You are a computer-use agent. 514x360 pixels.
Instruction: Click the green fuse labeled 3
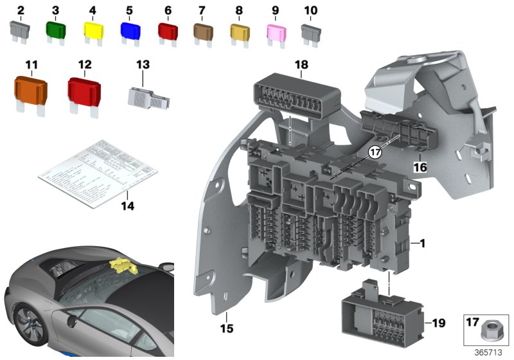click(x=56, y=30)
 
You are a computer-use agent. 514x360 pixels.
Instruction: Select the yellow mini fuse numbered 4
click(x=94, y=30)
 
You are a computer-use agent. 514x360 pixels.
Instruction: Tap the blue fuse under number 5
click(x=130, y=30)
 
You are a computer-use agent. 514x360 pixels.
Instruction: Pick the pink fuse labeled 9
click(x=276, y=30)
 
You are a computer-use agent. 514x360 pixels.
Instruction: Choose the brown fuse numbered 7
click(x=203, y=30)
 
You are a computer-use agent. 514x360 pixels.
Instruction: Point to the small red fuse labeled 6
click(x=168, y=30)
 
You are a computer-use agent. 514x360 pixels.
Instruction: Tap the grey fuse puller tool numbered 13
click(x=148, y=95)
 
